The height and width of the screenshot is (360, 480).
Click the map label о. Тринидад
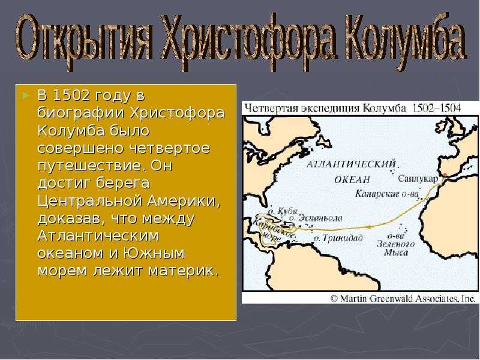[338, 238]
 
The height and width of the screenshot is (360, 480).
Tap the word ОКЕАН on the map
[353, 179]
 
